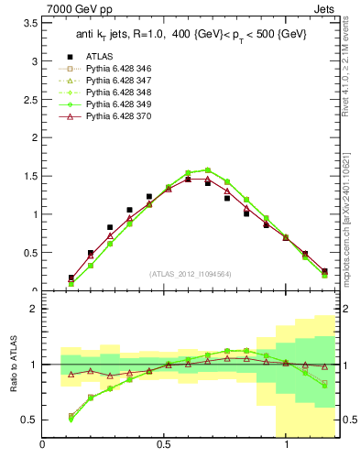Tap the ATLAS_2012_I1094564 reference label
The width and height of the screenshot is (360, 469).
point(190,273)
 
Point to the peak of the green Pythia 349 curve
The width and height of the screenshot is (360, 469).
point(208,169)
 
